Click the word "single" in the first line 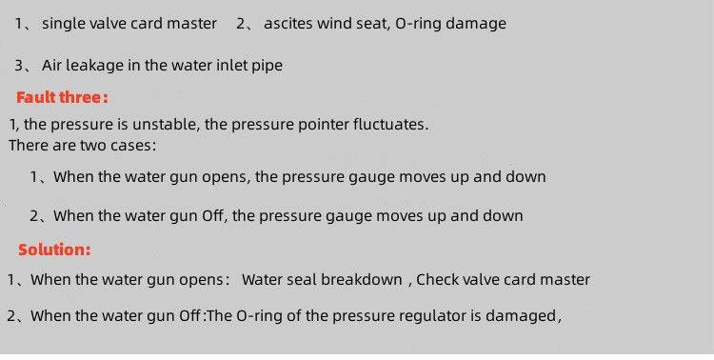coord(64,23)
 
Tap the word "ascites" coord(288,23)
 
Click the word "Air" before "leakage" coord(51,65)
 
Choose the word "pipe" coord(267,66)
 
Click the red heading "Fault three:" coord(63,97)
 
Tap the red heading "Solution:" coord(54,250)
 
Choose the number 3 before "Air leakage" coord(19,65)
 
